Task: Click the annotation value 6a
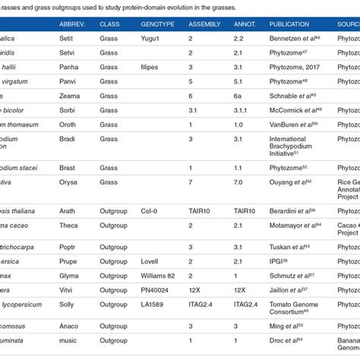[239, 96]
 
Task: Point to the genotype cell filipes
[153, 68]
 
